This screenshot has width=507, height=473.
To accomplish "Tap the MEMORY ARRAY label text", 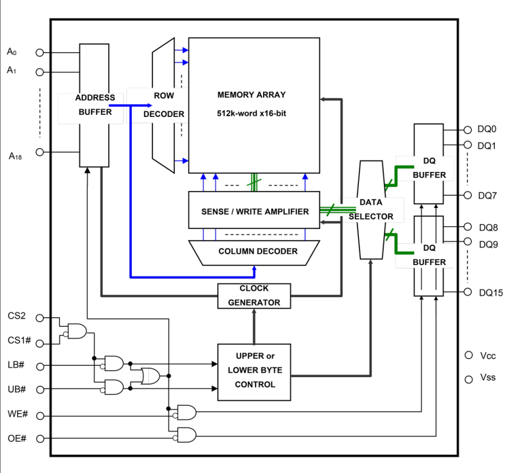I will tap(251, 94).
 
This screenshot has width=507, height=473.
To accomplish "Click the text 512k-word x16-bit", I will tap(251, 113).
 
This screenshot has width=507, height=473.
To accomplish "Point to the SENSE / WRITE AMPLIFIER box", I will tap(254, 211).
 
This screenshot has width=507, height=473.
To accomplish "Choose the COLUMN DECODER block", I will tap(258, 251).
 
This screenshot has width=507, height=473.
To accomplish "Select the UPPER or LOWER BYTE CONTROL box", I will tap(254, 370).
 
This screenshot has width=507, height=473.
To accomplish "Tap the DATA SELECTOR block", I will tap(371, 209).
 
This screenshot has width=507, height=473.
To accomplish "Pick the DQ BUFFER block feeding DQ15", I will tap(429, 256).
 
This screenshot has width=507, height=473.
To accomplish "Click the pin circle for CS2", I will tap(40, 317).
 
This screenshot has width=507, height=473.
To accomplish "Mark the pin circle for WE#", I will tap(40, 414).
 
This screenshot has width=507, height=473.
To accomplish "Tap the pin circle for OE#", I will tap(40, 438).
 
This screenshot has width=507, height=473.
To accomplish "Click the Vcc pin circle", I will tap(468, 355).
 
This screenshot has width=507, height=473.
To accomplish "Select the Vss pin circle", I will tap(468, 379).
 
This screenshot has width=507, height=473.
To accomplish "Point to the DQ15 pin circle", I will tap(468, 292).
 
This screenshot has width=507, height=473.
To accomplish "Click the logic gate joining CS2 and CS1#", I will tap(74, 331).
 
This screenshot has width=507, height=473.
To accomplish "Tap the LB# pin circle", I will tap(40, 366).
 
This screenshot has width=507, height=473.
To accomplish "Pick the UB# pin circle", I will tap(40, 389).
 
